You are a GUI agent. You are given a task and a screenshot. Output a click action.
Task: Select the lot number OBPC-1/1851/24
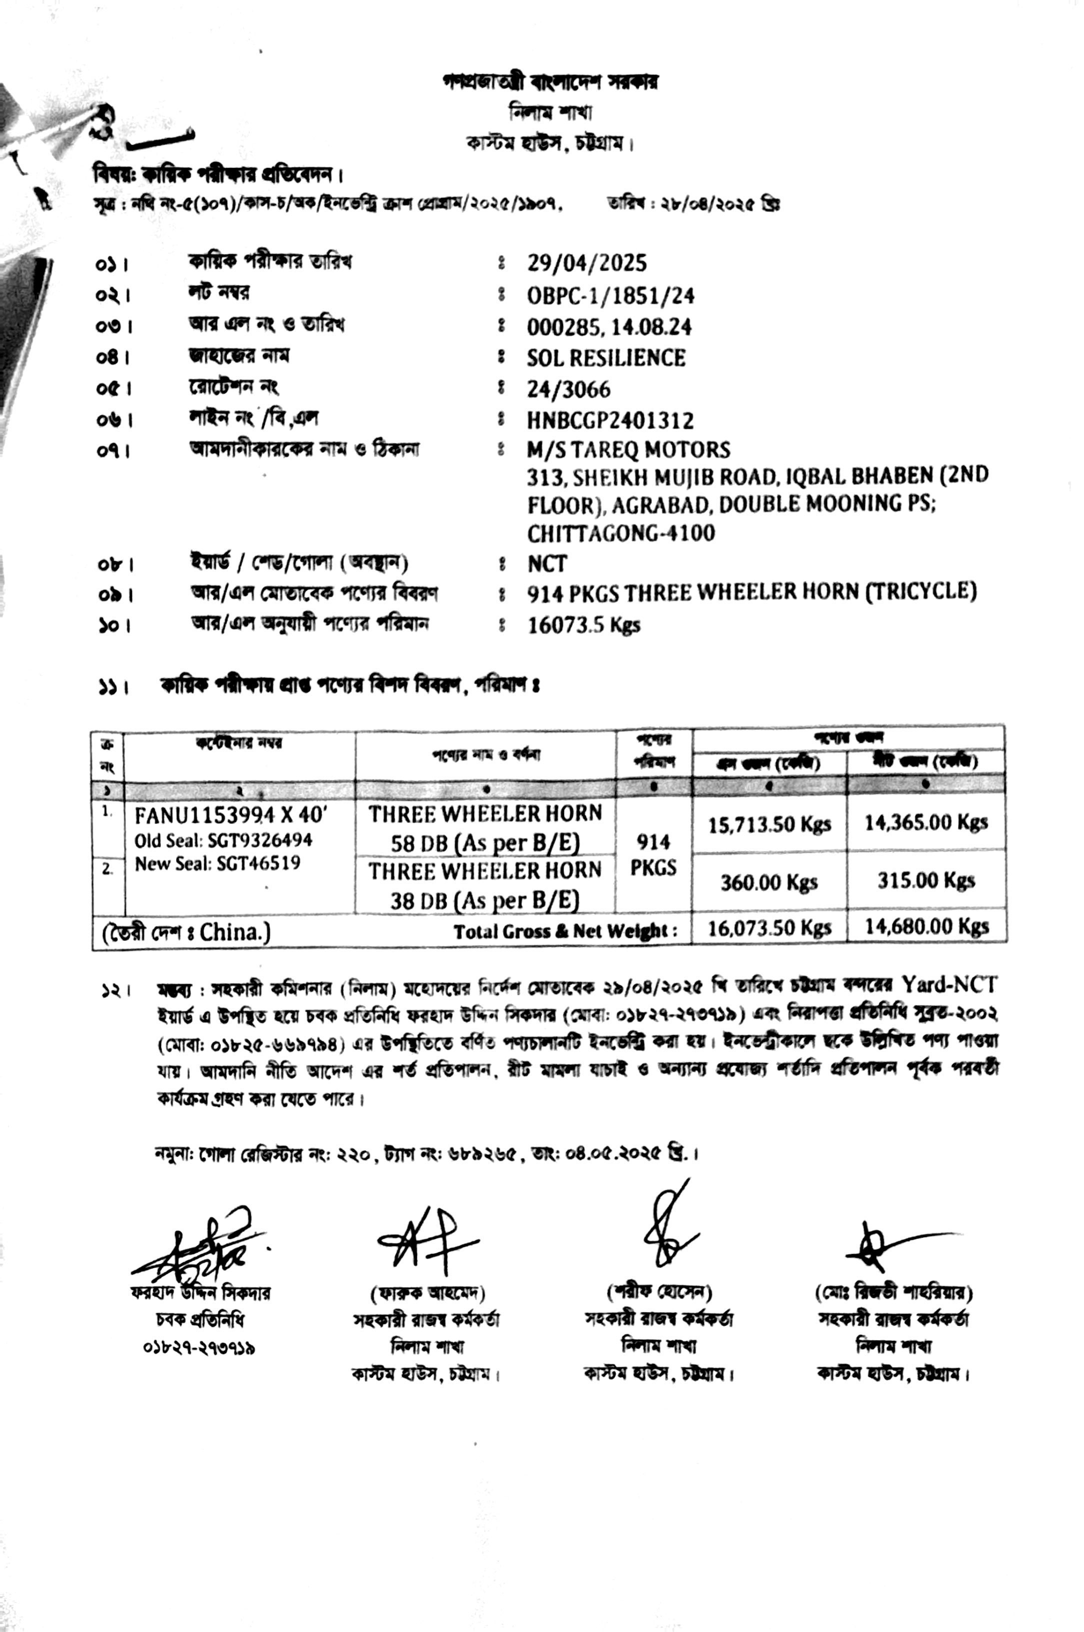(x=610, y=296)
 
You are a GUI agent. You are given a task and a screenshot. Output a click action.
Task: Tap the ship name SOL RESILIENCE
(x=605, y=358)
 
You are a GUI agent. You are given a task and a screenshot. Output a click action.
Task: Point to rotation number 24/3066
(x=568, y=390)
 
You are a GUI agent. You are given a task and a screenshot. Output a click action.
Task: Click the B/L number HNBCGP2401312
(x=610, y=421)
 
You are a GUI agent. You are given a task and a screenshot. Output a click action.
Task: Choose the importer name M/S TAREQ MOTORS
(x=627, y=450)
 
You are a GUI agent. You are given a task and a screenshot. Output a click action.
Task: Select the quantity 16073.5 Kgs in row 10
(x=583, y=625)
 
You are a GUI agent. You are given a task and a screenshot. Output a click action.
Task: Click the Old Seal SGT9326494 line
(x=223, y=840)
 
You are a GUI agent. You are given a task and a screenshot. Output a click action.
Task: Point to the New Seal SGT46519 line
(x=217, y=864)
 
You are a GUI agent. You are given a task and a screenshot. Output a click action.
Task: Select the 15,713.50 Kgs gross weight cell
(x=769, y=824)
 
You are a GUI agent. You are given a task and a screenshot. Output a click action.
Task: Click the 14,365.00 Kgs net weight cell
(x=925, y=822)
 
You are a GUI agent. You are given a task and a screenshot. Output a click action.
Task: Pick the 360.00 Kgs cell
(x=769, y=882)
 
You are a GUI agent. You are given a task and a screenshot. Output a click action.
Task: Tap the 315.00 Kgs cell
(x=925, y=880)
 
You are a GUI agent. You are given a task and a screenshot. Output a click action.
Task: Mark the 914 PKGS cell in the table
(x=653, y=855)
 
